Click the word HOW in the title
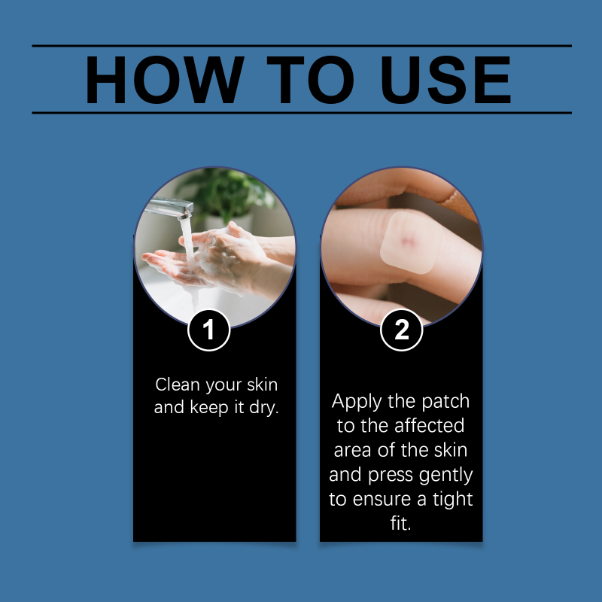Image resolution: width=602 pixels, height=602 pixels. point(165,80)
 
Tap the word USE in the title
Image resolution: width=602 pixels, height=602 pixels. point(445,80)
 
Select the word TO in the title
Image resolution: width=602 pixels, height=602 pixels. point(310,80)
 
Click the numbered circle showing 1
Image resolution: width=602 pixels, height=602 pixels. point(209,330)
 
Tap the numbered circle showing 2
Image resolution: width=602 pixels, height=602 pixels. point(402,330)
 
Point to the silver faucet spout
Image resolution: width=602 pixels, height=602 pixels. point(169,208)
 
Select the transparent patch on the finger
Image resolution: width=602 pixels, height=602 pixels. point(409,242)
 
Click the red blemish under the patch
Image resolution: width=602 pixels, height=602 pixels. point(408,241)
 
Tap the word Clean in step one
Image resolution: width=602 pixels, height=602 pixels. point(178,385)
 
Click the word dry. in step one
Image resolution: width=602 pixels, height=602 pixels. point(264,407)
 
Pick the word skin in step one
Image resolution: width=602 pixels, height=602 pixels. point(262,385)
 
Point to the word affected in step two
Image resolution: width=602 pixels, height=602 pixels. point(429,425)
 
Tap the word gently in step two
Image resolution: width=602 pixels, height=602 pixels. point(445,476)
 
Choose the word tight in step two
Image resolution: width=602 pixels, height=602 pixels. point(453,500)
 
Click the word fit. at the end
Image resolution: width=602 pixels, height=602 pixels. point(401,523)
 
